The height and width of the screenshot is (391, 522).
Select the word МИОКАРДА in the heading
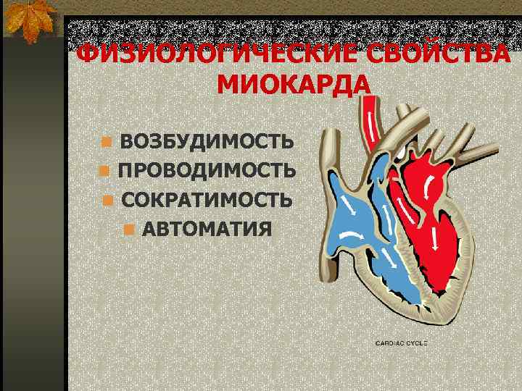tap(293, 85)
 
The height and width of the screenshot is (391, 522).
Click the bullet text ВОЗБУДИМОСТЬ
tap(207, 140)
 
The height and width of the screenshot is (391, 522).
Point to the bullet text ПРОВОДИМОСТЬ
tap(207, 171)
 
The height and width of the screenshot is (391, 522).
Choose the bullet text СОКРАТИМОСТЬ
tap(207, 201)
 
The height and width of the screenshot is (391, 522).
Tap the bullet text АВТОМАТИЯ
tap(207, 230)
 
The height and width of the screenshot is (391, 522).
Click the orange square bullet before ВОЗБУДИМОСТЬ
tap(107, 141)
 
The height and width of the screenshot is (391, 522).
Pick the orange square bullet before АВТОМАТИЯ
tap(128, 230)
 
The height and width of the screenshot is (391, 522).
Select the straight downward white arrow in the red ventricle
tap(434, 236)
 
